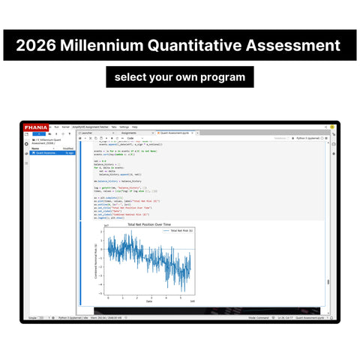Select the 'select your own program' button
(180, 77)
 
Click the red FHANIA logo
(35, 127)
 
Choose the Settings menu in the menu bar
(124, 127)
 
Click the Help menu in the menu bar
(135, 127)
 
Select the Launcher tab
(87, 133)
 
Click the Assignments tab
(129, 133)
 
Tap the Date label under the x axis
(148, 301)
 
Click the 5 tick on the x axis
(179, 298)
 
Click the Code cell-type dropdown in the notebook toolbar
(131, 138)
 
